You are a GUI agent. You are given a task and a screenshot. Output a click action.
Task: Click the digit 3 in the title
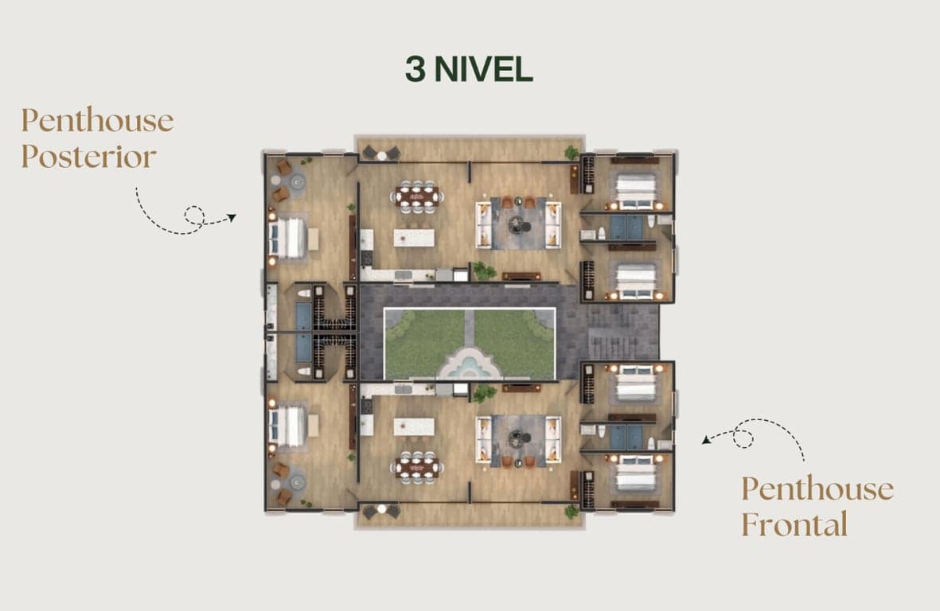pos(415,69)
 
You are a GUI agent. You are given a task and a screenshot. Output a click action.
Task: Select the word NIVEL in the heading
pos(483,69)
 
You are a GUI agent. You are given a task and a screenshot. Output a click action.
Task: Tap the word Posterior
pos(88,157)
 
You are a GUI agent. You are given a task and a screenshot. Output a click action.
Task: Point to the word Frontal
pos(794,525)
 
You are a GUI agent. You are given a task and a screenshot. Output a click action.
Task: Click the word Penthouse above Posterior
pos(98,120)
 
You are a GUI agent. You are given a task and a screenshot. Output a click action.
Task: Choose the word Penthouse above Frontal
pos(817,488)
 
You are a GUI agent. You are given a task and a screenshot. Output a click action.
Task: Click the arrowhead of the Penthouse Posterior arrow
pos(232,217)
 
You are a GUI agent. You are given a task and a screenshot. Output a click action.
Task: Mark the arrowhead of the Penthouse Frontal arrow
pos(707,440)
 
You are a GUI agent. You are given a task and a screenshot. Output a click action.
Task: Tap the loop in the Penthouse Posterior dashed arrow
pos(194,215)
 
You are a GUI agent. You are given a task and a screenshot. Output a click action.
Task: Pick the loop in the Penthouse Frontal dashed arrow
pos(744,438)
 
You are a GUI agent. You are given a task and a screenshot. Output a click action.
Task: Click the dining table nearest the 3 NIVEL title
pos(416,197)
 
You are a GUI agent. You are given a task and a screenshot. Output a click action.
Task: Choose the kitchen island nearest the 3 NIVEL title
pos(414,237)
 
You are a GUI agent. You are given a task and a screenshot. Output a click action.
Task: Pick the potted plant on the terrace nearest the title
pos(572,152)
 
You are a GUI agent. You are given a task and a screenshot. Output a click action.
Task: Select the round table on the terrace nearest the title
pos(382,156)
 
